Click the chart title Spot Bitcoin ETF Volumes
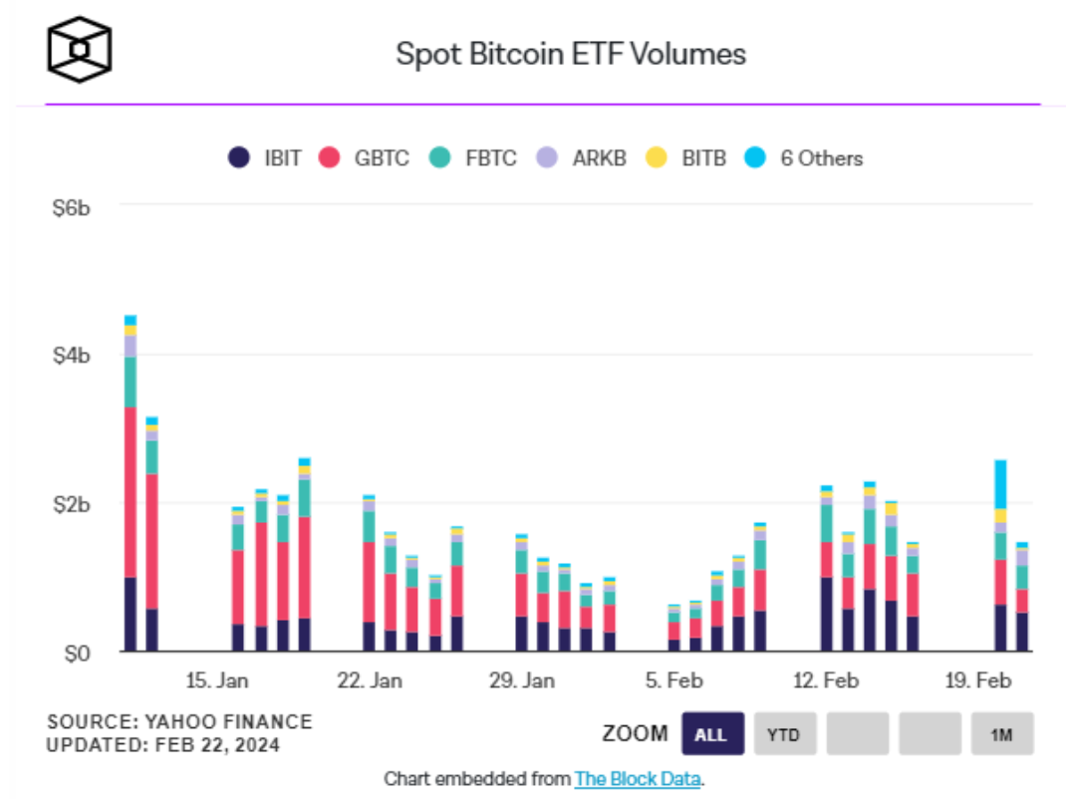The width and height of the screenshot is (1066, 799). pyautogui.click(x=571, y=54)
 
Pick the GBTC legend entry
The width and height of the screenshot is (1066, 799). pyautogui.click(x=364, y=157)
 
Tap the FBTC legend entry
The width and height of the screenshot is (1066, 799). pyautogui.click(x=472, y=157)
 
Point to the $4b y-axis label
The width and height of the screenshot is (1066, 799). pyautogui.click(x=72, y=356)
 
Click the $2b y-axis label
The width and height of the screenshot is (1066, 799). pyautogui.click(x=72, y=504)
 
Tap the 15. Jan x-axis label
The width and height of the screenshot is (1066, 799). pyautogui.click(x=217, y=681)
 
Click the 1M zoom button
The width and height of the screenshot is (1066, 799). pyautogui.click(x=1002, y=734)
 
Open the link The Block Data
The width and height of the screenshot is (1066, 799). pyautogui.click(x=638, y=778)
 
